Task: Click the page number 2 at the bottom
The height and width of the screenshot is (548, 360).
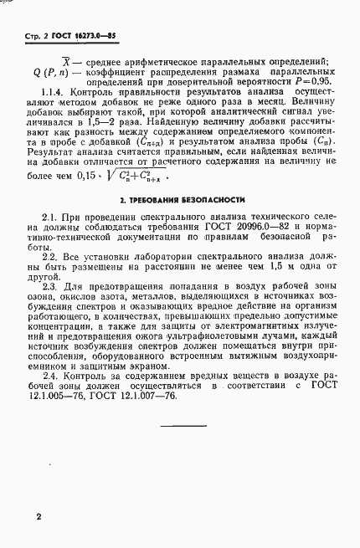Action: click(x=39, y=519)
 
